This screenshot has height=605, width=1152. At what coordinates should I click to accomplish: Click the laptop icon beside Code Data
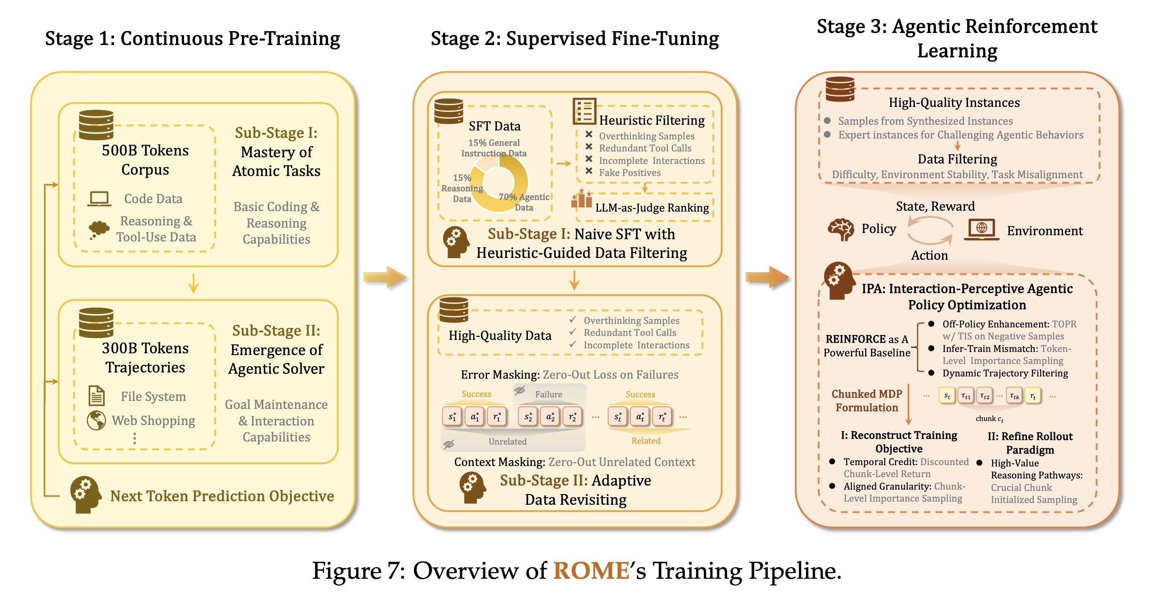pyautogui.click(x=99, y=199)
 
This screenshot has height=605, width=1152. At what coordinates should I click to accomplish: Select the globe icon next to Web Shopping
pyautogui.click(x=96, y=420)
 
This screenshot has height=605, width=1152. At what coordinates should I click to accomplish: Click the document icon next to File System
pyautogui.click(x=97, y=396)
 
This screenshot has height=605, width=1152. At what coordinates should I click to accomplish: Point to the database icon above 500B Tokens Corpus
pyautogui.click(x=96, y=125)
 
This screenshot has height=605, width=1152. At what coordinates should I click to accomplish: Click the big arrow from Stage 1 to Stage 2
pyautogui.click(x=384, y=277)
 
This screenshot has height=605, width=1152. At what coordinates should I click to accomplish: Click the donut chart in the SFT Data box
pyautogui.click(x=499, y=183)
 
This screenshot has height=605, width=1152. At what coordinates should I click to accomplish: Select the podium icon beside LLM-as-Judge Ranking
pyautogui.click(x=582, y=200)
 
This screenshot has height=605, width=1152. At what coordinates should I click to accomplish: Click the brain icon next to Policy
pyautogui.click(x=841, y=229)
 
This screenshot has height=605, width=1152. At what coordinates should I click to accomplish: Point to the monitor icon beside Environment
pyautogui.click(x=982, y=229)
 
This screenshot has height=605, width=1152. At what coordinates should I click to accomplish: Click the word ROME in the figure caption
pyautogui.click(x=591, y=571)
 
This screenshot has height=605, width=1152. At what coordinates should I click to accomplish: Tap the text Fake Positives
pyautogui.click(x=629, y=172)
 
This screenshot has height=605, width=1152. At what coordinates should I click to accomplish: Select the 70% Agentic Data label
pyautogui.click(x=524, y=202)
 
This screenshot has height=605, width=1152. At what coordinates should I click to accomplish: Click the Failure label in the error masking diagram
pyautogui.click(x=548, y=394)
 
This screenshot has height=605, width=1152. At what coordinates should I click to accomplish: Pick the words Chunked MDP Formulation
pyautogui.click(x=867, y=401)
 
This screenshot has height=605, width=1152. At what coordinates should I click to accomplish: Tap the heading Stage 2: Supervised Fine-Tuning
pyautogui.click(x=575, y=38)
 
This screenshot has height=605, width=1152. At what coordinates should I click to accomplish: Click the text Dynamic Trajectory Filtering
pyautogui.click(x=1005, y=373)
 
